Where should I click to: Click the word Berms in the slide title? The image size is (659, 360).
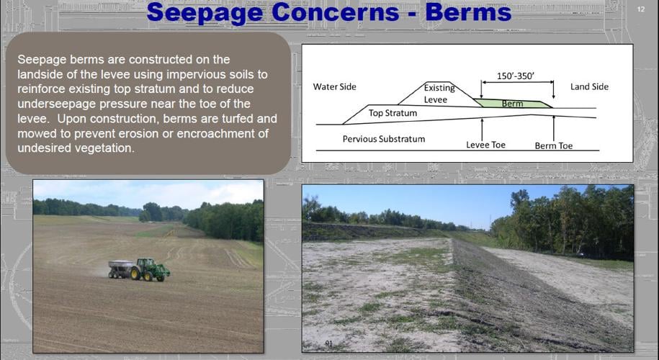click(x=467, y=12)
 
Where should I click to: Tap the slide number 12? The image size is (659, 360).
click(x=641, y=9)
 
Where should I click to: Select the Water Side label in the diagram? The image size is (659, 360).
click(x=334, y=87)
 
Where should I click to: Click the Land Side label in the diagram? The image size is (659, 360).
click(x=589, y=87)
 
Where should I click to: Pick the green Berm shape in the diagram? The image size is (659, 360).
click(x=512, y=104)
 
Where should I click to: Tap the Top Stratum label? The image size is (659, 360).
click(x=393, y=113)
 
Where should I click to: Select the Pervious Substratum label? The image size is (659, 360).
click(x=383, y=138)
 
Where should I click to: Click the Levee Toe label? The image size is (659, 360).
click(x=485, y=145)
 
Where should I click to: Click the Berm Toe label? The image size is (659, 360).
click(x=553, y=145)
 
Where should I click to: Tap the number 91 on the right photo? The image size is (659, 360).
click(x=329, y=343)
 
